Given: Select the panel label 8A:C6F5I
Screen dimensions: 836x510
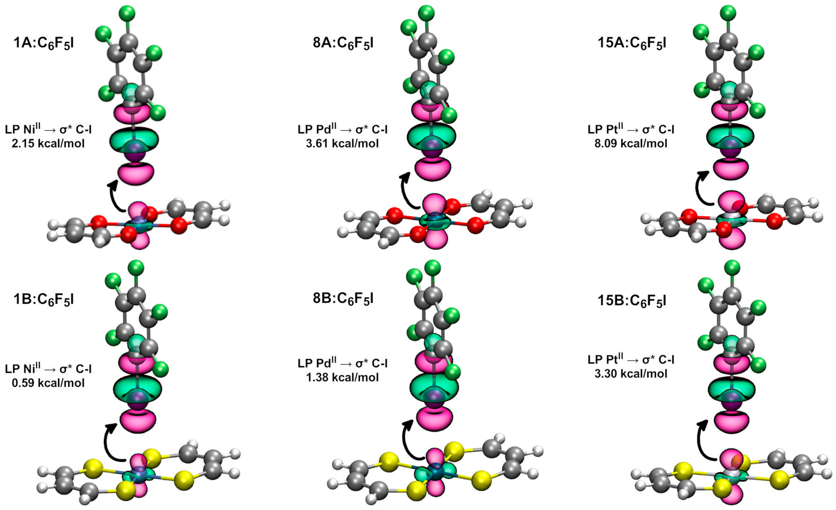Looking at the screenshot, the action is click(x=343, y=44).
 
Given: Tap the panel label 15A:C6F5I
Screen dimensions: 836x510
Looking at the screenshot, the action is click(x=632, y=44).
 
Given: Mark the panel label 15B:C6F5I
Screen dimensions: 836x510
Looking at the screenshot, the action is click(x=632, y=301).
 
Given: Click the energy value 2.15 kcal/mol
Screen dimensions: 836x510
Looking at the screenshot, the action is click(x=48, y=144).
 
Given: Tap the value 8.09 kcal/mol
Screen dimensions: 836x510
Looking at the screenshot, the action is click(x=631, y=144).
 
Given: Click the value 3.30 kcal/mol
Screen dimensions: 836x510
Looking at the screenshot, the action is click(x=631, y=374).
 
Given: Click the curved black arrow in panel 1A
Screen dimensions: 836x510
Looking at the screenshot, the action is click(x=115, y=200).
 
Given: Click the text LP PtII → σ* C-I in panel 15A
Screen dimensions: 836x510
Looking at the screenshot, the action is click(x=631, y=129).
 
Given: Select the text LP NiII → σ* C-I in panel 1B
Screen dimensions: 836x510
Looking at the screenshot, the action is click(x=48, y=369).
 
